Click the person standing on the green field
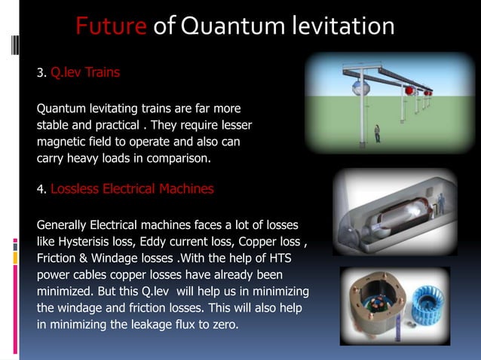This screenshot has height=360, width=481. (377, 133)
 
